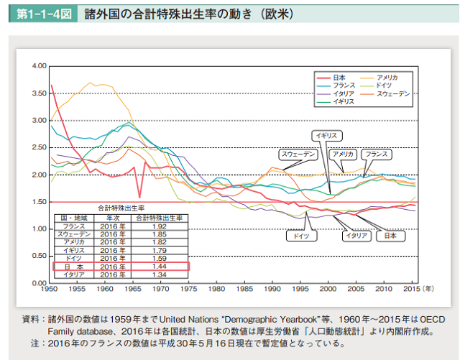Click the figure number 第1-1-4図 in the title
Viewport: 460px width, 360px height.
(37, 14)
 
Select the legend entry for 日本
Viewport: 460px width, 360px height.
(340, 77)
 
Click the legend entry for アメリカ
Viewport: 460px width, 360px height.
(387, 77)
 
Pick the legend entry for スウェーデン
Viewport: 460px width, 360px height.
(393, 94)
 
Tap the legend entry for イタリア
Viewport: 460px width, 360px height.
(344, 94)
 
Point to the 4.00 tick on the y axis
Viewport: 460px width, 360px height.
(39, 66)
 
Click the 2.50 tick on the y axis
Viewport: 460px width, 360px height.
(39, 148)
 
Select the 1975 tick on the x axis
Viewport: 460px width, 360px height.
(188, 289)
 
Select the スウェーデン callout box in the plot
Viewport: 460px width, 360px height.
(297, 154)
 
